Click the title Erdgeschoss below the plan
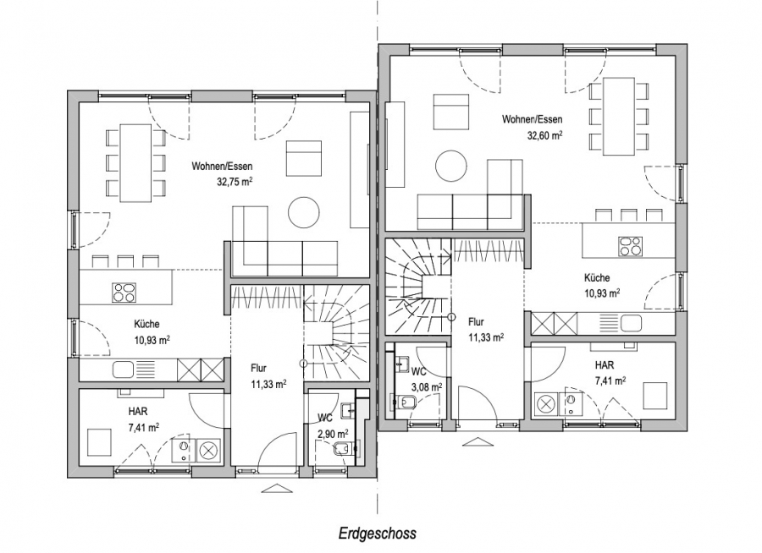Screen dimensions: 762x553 click(x=377, y=534)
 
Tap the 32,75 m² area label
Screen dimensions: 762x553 click(x=235, y=182)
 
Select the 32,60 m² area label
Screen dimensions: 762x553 click(x=544, y=135)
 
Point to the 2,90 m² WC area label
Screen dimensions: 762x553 click(x=333, y=433)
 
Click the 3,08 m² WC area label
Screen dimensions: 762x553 click(x=427, y=387)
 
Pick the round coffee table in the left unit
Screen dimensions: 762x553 click(x=304, y=211)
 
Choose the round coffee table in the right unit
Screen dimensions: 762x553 click(x=451, y=166)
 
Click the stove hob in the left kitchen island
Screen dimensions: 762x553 click(x=124, y=293)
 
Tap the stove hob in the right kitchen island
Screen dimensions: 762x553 click(x=630, y=246)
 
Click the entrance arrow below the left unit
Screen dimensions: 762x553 click(x=274, y=488)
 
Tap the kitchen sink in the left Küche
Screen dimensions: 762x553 click(x=123, y=370)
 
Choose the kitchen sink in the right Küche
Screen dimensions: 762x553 click(x=632, y=322)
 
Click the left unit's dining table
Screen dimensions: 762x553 click(x=135, y=163)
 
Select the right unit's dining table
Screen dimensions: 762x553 click(x=619, y=117)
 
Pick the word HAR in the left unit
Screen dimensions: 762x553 click(x=138, y=412)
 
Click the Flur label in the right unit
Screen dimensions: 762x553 click(x=476, y=321)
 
